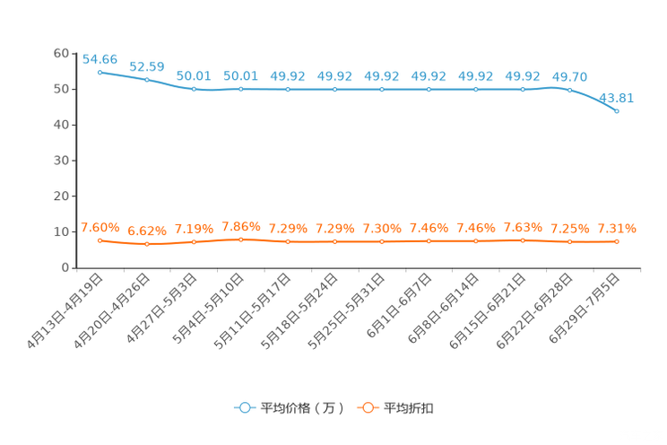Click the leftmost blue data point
100,72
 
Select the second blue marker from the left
147,80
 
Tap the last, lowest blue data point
617,110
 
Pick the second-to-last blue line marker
569,89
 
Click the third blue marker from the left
194,89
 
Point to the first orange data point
100,240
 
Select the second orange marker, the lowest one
147,244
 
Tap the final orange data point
617,241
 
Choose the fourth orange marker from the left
240,240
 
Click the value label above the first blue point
100,59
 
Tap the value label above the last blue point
617,97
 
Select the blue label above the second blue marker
147,66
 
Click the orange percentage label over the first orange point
100,229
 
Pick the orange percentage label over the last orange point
617,230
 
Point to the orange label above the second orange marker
147,232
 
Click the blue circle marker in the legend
244,407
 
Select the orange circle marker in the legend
367,407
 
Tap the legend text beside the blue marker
301,408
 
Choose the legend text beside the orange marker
410,408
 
